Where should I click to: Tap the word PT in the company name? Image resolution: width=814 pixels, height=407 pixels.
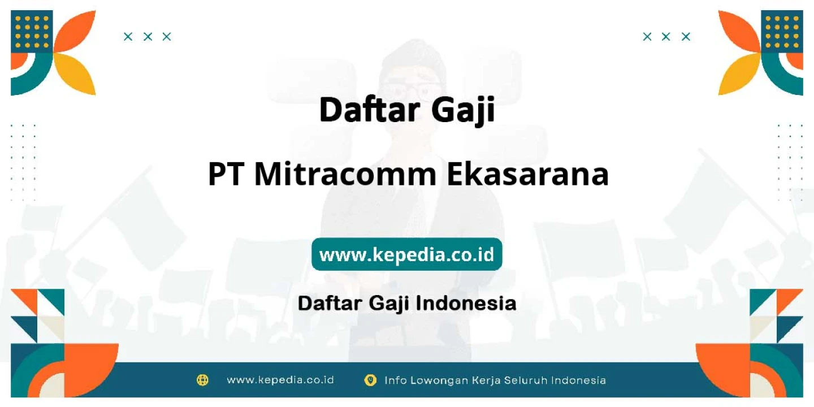click(225, 174)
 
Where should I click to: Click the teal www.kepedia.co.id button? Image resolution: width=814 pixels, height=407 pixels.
click(406, 254)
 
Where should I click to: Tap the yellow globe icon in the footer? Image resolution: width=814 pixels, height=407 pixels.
click(202, 380)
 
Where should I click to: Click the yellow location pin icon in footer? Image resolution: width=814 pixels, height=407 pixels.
click(370, 380)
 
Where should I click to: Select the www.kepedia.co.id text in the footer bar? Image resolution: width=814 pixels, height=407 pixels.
click(280, 380)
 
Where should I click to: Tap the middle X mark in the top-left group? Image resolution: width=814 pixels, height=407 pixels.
click(148, 37)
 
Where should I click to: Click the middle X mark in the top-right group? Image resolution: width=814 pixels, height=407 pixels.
click(666, 37)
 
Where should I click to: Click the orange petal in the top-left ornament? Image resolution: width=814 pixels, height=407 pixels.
click(77, 32)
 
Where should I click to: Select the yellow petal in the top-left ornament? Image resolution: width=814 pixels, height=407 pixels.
click(77, 73)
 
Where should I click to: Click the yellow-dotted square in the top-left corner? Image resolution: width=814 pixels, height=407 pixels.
click(32, 32)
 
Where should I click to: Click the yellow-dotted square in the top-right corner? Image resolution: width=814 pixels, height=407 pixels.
click(782, 32)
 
